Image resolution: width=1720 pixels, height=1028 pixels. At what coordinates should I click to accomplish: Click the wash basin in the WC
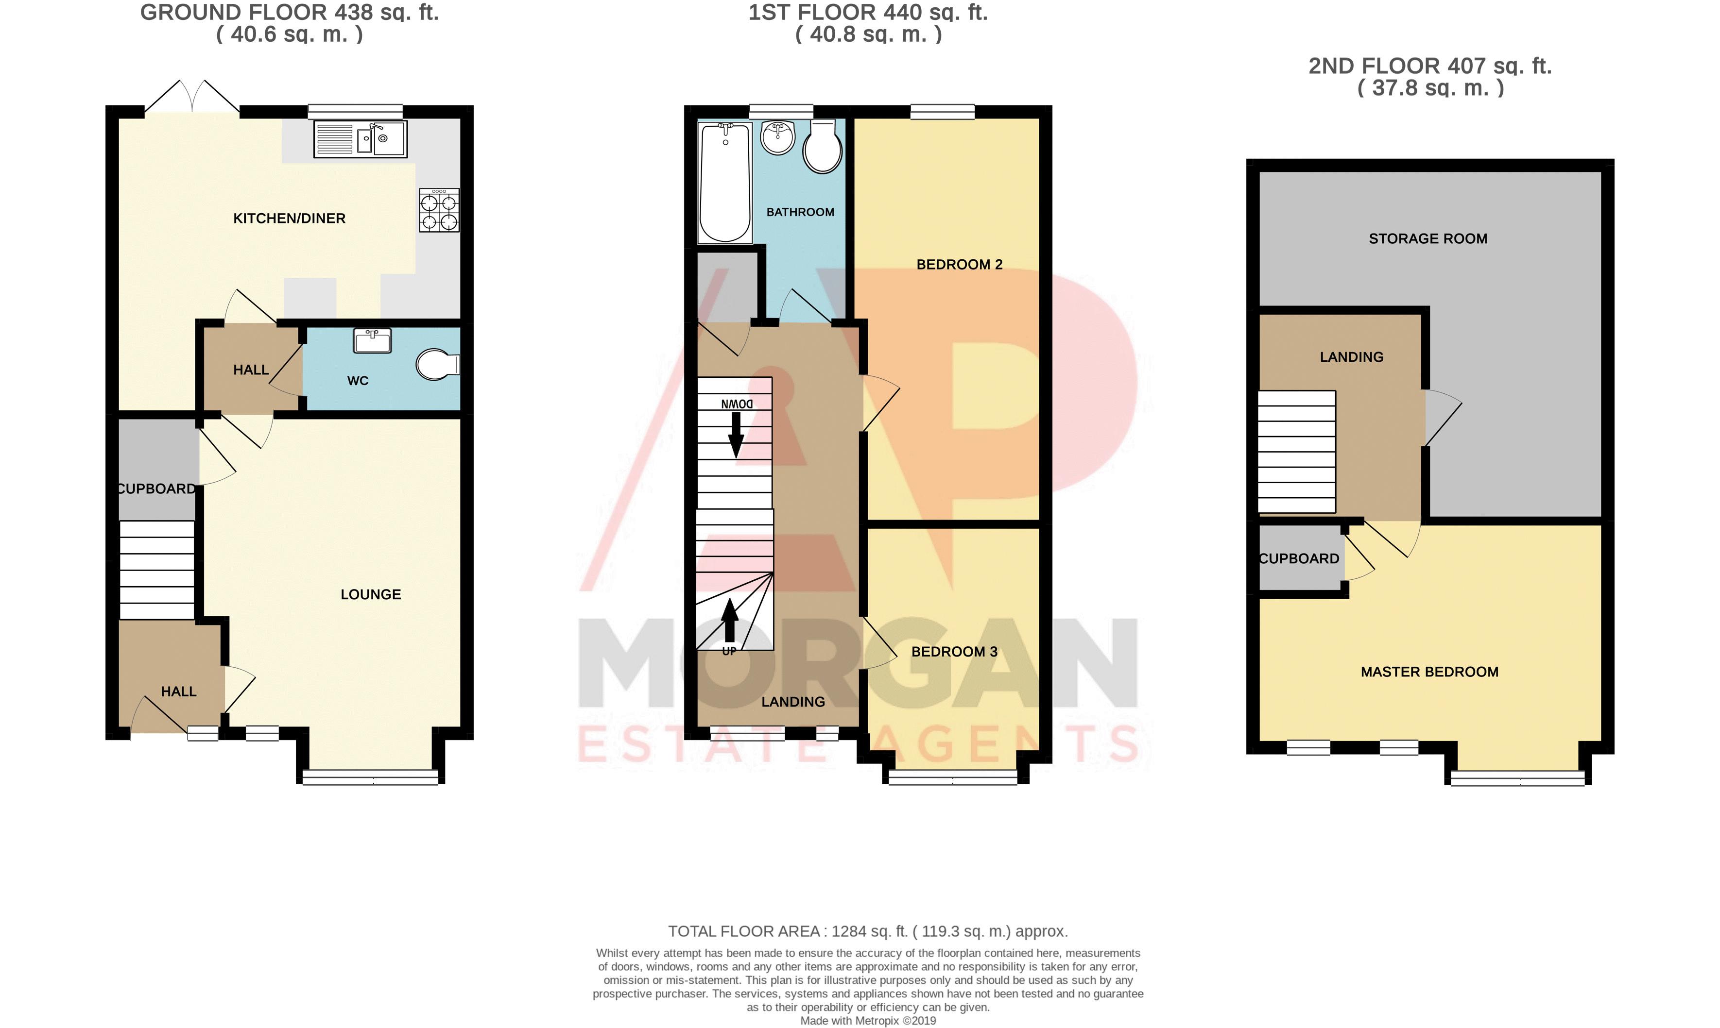tap(373, 341)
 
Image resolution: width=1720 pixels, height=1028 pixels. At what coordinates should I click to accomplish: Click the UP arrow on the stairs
tap(730, 621)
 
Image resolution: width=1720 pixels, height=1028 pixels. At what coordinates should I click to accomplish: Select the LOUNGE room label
tap(371, 594)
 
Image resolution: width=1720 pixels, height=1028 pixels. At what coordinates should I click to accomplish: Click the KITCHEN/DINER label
tap(289, 218)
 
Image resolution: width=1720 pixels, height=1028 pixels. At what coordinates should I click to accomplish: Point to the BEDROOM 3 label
tap(954, 652)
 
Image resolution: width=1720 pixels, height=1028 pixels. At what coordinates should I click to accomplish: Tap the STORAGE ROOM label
tap(1428, 239)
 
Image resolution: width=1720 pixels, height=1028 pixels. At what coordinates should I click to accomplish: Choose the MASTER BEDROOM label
tap(1429, 672)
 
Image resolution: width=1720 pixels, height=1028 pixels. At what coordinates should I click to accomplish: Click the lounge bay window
tap(371, 777)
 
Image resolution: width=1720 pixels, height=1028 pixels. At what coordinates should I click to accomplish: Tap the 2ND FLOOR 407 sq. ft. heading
tap(1429, 67)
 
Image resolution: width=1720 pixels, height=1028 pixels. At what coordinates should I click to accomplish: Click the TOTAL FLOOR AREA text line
tap(868, 932)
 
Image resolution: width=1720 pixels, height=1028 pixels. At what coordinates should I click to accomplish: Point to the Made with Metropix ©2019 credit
tap(868, 1020)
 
